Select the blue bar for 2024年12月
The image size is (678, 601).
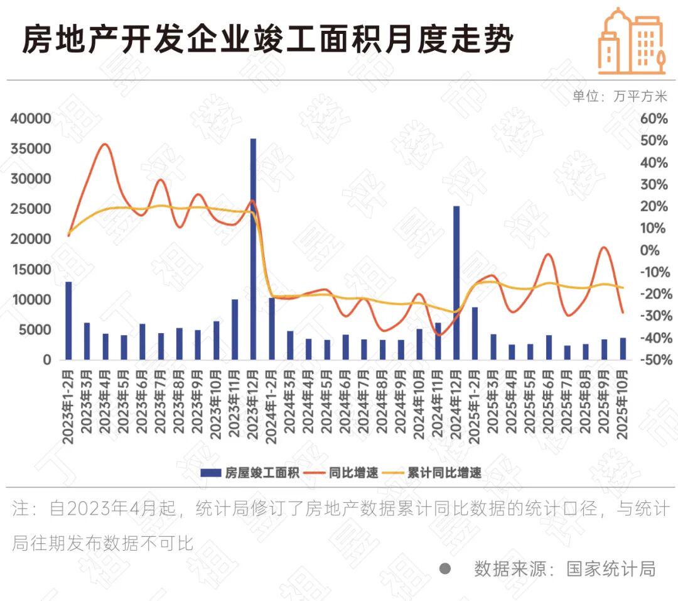[x=456, y=282]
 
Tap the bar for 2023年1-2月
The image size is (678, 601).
[x=68, y=321]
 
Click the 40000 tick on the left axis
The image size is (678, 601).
[x=30, y=119]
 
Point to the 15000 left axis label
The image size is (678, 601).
[x=30, y=270]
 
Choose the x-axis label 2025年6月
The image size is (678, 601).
[x=549, y=407]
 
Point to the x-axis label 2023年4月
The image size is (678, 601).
[x=105, y=407]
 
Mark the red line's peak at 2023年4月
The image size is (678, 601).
[x=105, y=145]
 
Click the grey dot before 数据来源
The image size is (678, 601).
[x=445, y=569]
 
